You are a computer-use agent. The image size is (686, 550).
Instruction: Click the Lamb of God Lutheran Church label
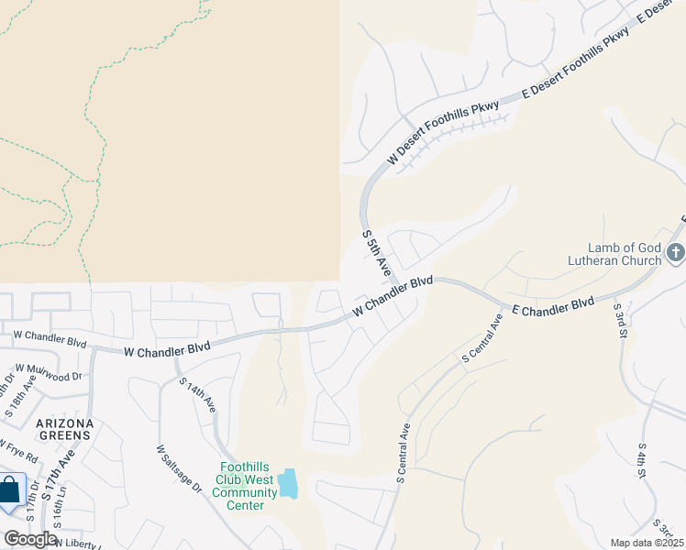point(624,254)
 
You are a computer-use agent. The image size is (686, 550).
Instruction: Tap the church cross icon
point(675,252)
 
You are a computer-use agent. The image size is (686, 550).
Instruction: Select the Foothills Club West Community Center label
point(244,486)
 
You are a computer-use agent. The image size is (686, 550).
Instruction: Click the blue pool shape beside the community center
point(288,483)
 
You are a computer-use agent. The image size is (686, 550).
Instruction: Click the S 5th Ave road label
point(377,254)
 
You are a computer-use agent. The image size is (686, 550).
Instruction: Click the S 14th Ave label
point(197,394)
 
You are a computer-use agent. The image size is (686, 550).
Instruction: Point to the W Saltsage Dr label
point(178,469)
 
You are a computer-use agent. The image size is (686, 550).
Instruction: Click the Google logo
point(30,539)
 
